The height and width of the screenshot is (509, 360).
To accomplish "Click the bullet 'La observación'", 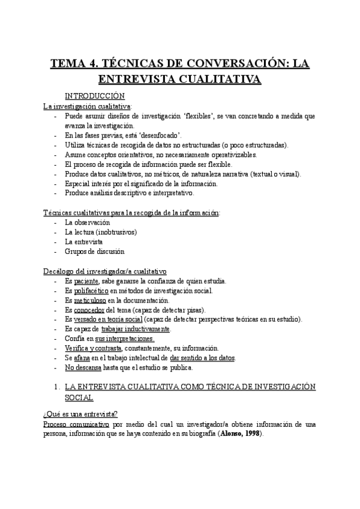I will (x=88, y=223).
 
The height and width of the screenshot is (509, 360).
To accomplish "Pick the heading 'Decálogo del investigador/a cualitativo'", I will (x=105, y=271).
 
